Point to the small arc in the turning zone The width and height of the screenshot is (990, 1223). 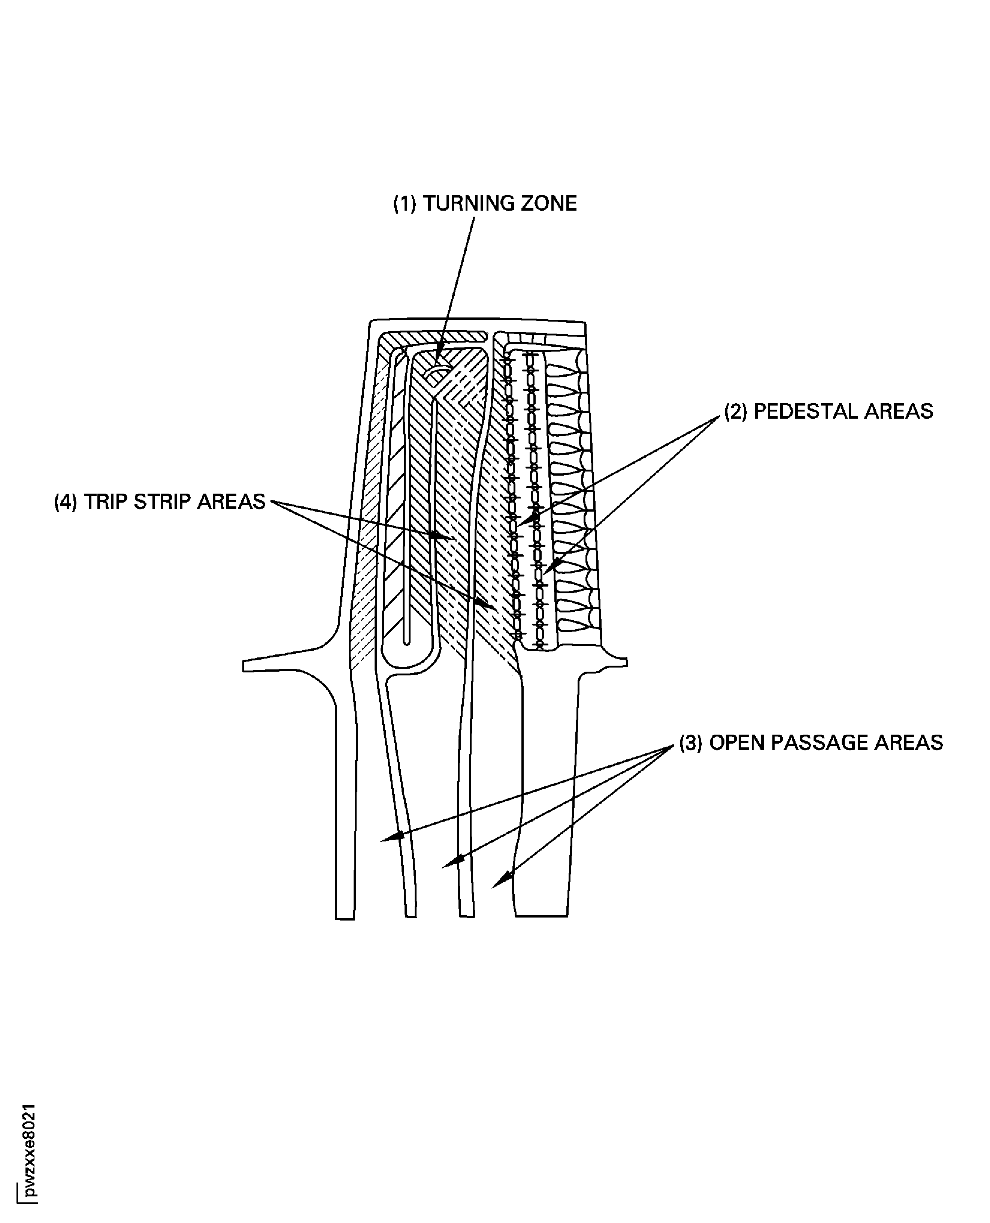coord(437,372)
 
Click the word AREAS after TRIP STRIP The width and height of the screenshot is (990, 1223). coord(231,501)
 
